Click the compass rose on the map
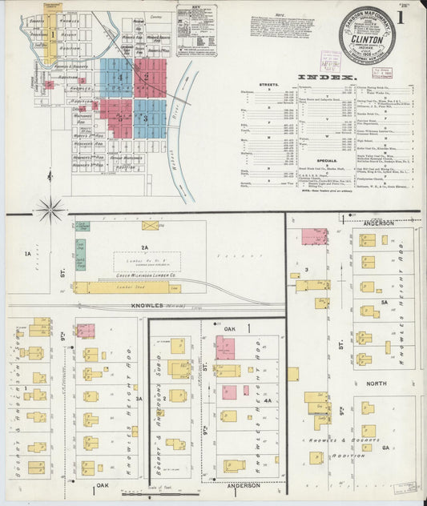point(50,210)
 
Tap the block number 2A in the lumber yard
point(145,247)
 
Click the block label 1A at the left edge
point(28,254)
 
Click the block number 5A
point(385,302)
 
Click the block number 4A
point(268,400)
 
